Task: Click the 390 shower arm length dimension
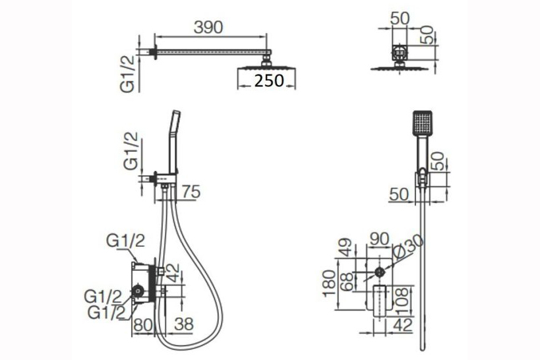[208, 27]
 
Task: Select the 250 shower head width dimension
[269, 80]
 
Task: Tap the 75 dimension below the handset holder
[191, 192]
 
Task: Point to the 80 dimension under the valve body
[143, 324]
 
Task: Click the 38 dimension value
[184, 324]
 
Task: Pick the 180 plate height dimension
[329, 284]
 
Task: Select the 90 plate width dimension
[379, 239]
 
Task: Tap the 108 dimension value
[402, 301]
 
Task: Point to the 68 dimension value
[346, 282]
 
